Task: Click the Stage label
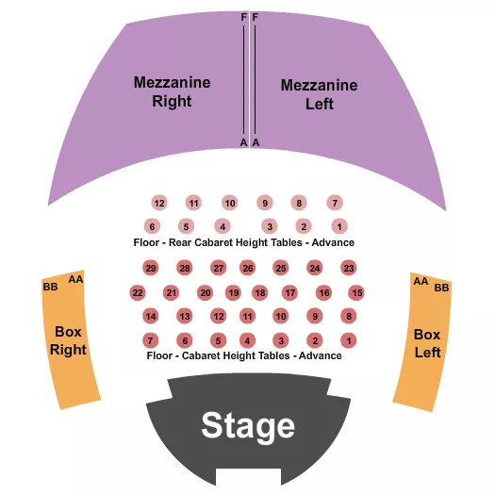click(x=248, y=426)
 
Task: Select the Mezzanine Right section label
click(x=171, y=91)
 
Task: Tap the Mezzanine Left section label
click(x=319, y=94)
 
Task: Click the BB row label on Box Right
click(x=50, y=286)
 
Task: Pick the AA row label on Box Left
click(x=421, y=281)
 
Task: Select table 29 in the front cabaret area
click(x=151, y=269)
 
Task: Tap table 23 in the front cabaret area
click(x=348, y=269)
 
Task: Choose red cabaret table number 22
click(x=138, y=293)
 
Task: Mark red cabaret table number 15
click(x=356, y=293)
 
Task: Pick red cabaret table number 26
click(x=248, y=269)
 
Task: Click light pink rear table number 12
click(x=158, y=203)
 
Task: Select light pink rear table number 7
click(x=334, y=203)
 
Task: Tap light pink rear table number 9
click(x=266, y=203)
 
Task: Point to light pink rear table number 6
click(x=151, y=226)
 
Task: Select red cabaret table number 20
click(x=205, y=293)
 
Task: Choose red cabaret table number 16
click(x=323, y=293)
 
